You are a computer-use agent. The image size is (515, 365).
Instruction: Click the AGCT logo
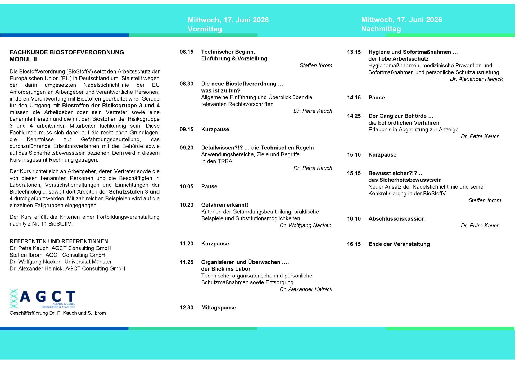43,299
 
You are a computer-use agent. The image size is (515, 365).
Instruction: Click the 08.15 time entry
187,52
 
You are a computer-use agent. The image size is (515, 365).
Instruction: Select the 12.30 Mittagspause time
187,308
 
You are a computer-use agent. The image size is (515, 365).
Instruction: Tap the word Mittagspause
219,308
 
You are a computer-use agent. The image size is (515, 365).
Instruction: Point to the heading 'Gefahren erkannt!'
224,205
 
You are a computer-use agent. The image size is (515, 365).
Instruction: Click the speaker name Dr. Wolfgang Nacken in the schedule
305,225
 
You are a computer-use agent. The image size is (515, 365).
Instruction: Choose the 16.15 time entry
354,244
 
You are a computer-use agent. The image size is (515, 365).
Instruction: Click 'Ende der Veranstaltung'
399,244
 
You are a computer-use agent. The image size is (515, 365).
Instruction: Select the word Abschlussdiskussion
396,219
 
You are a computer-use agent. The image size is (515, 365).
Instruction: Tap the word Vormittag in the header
205,29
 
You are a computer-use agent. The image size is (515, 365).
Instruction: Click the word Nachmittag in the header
381,29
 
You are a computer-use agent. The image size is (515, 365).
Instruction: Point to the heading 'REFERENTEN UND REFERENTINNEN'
59,241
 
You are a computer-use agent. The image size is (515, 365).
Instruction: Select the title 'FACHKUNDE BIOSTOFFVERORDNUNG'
67,52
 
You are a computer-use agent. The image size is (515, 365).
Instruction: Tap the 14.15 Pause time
354,98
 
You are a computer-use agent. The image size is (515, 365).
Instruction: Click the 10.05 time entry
187,186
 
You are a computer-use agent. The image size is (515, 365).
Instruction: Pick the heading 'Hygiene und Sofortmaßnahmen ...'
413,52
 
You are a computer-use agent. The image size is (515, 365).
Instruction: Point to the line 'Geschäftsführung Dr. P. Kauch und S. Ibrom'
58,313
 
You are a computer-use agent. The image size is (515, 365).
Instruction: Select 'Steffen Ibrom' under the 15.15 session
485,200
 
